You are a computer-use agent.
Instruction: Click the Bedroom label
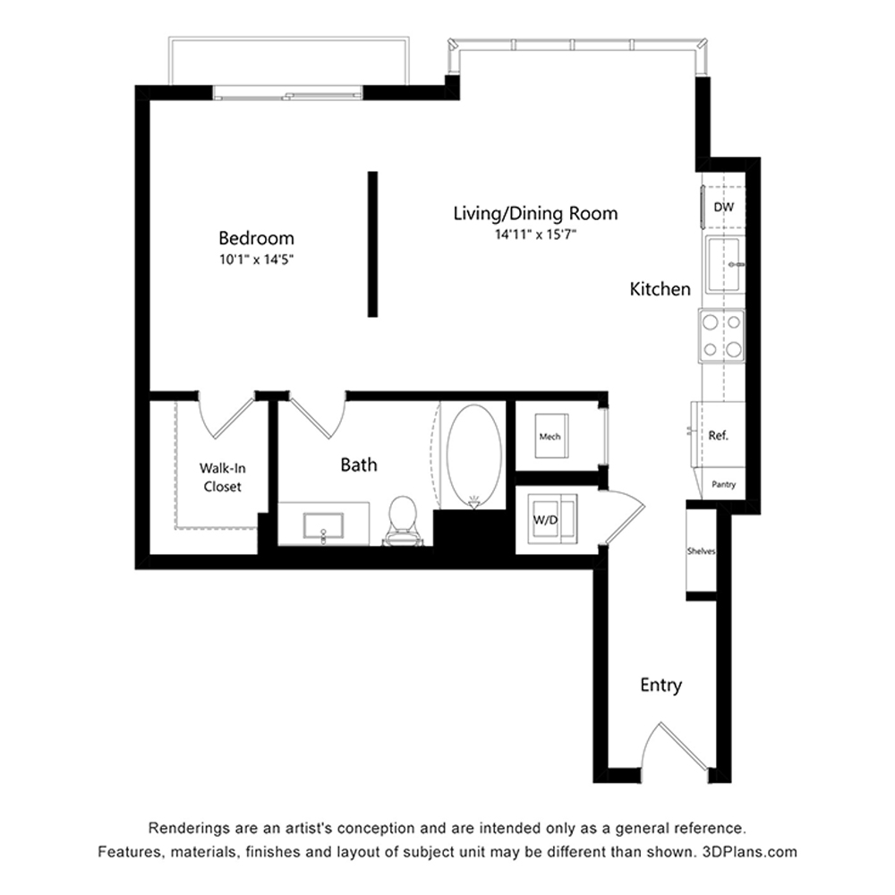pos(256,238)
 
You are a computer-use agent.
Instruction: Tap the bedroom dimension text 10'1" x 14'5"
pos(256,260)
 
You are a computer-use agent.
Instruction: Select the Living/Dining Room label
pos(535,214)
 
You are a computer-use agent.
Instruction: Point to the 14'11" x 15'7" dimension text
pos(535,234)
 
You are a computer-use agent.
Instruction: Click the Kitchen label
pos(660,289)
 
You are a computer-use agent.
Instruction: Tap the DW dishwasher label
pos(723,208)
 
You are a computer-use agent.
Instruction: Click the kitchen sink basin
pos(723,265)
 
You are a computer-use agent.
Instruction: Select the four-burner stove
pos(721,336)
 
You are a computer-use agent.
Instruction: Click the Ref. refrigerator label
pos(718,436)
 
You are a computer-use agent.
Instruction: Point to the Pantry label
pos(724,484)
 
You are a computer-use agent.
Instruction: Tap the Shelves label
pos(701,551)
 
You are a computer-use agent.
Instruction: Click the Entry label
pos(661,685)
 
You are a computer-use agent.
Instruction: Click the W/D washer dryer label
pos(545,520)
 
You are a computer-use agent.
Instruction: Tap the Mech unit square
pos(551,436)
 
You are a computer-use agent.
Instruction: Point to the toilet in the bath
pos(403,519)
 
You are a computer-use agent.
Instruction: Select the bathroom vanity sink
pos(323,525)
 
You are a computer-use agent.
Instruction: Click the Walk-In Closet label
pos(223,477)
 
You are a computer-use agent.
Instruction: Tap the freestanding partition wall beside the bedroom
pos(372,243)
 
